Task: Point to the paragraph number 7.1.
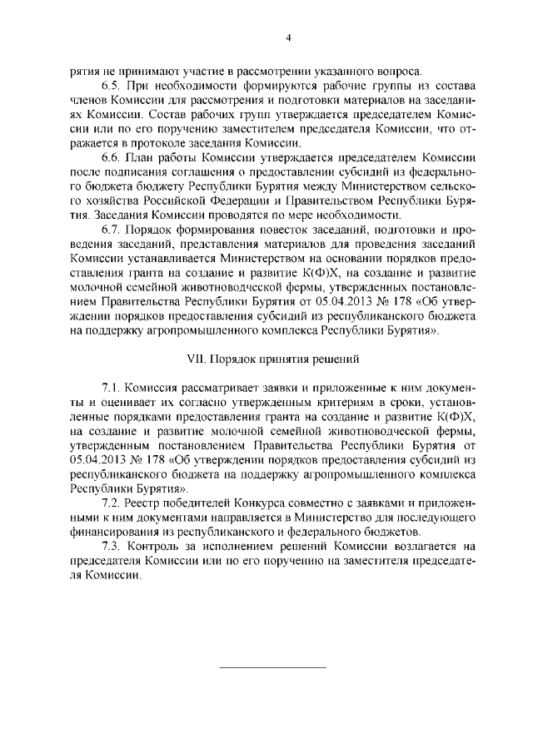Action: [111, 390]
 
